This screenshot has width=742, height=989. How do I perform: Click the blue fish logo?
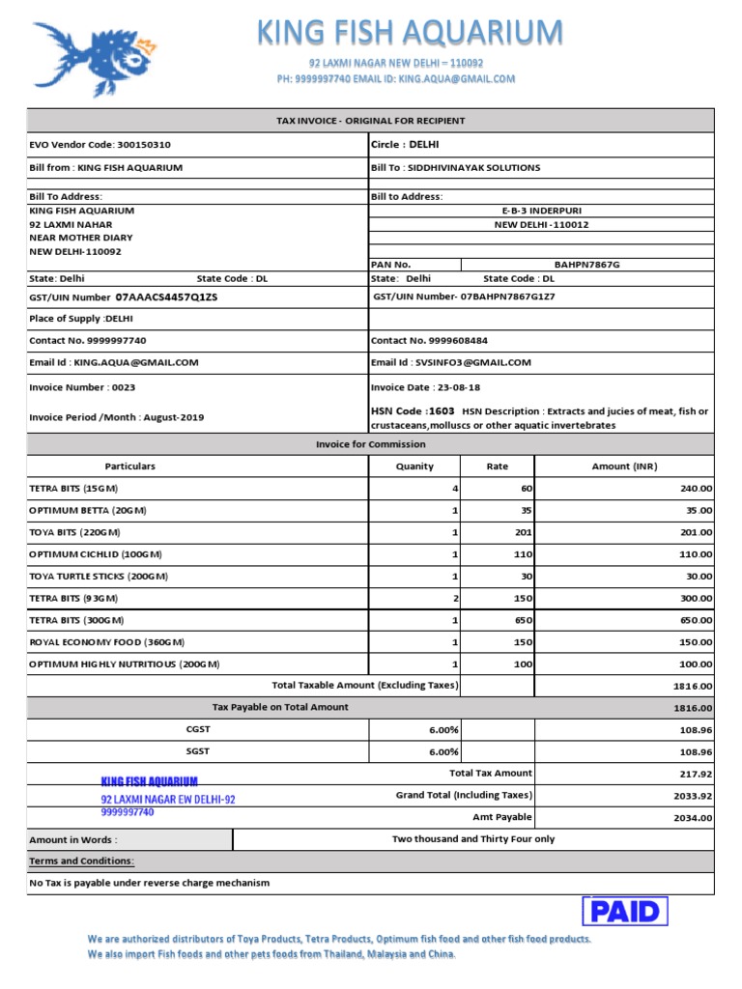pyautogui.click(x=95, y=58)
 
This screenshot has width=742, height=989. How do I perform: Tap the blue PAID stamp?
pyautogui.click(x=625, y=911)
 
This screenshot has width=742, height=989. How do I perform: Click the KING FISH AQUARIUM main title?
pyautogui.click(x=409, y=33)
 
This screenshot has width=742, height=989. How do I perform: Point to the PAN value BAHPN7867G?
pyautogui.click(x=587, y=264)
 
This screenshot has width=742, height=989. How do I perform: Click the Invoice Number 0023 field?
pyautogui.click(x=83, y=387)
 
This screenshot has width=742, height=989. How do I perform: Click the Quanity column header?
pyautogui.click(x=414, y=466)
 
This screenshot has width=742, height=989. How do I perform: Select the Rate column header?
pyautogui.click(x=497, y=466)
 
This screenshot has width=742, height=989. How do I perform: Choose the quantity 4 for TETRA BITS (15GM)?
pyautogui.click(x=454, y=489)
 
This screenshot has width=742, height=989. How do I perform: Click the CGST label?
pyautogui.click(x=197, y=730)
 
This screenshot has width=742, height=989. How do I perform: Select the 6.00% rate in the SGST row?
pyautogui.click(x=443, y=751)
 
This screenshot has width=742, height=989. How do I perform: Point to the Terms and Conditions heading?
pyautogui.click(x=82, y=861)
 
